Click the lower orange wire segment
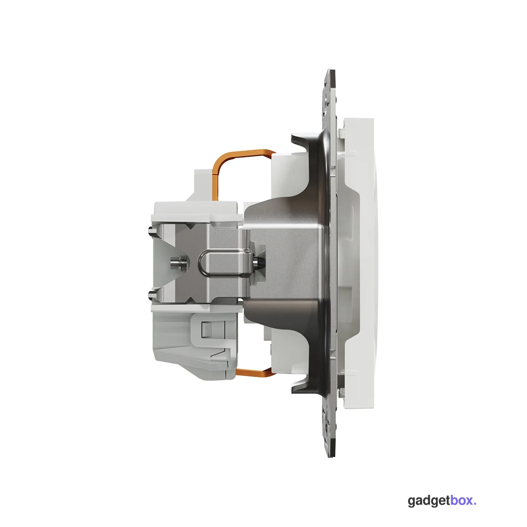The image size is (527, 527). coord(254,371)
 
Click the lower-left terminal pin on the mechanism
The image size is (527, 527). coord(151,296)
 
